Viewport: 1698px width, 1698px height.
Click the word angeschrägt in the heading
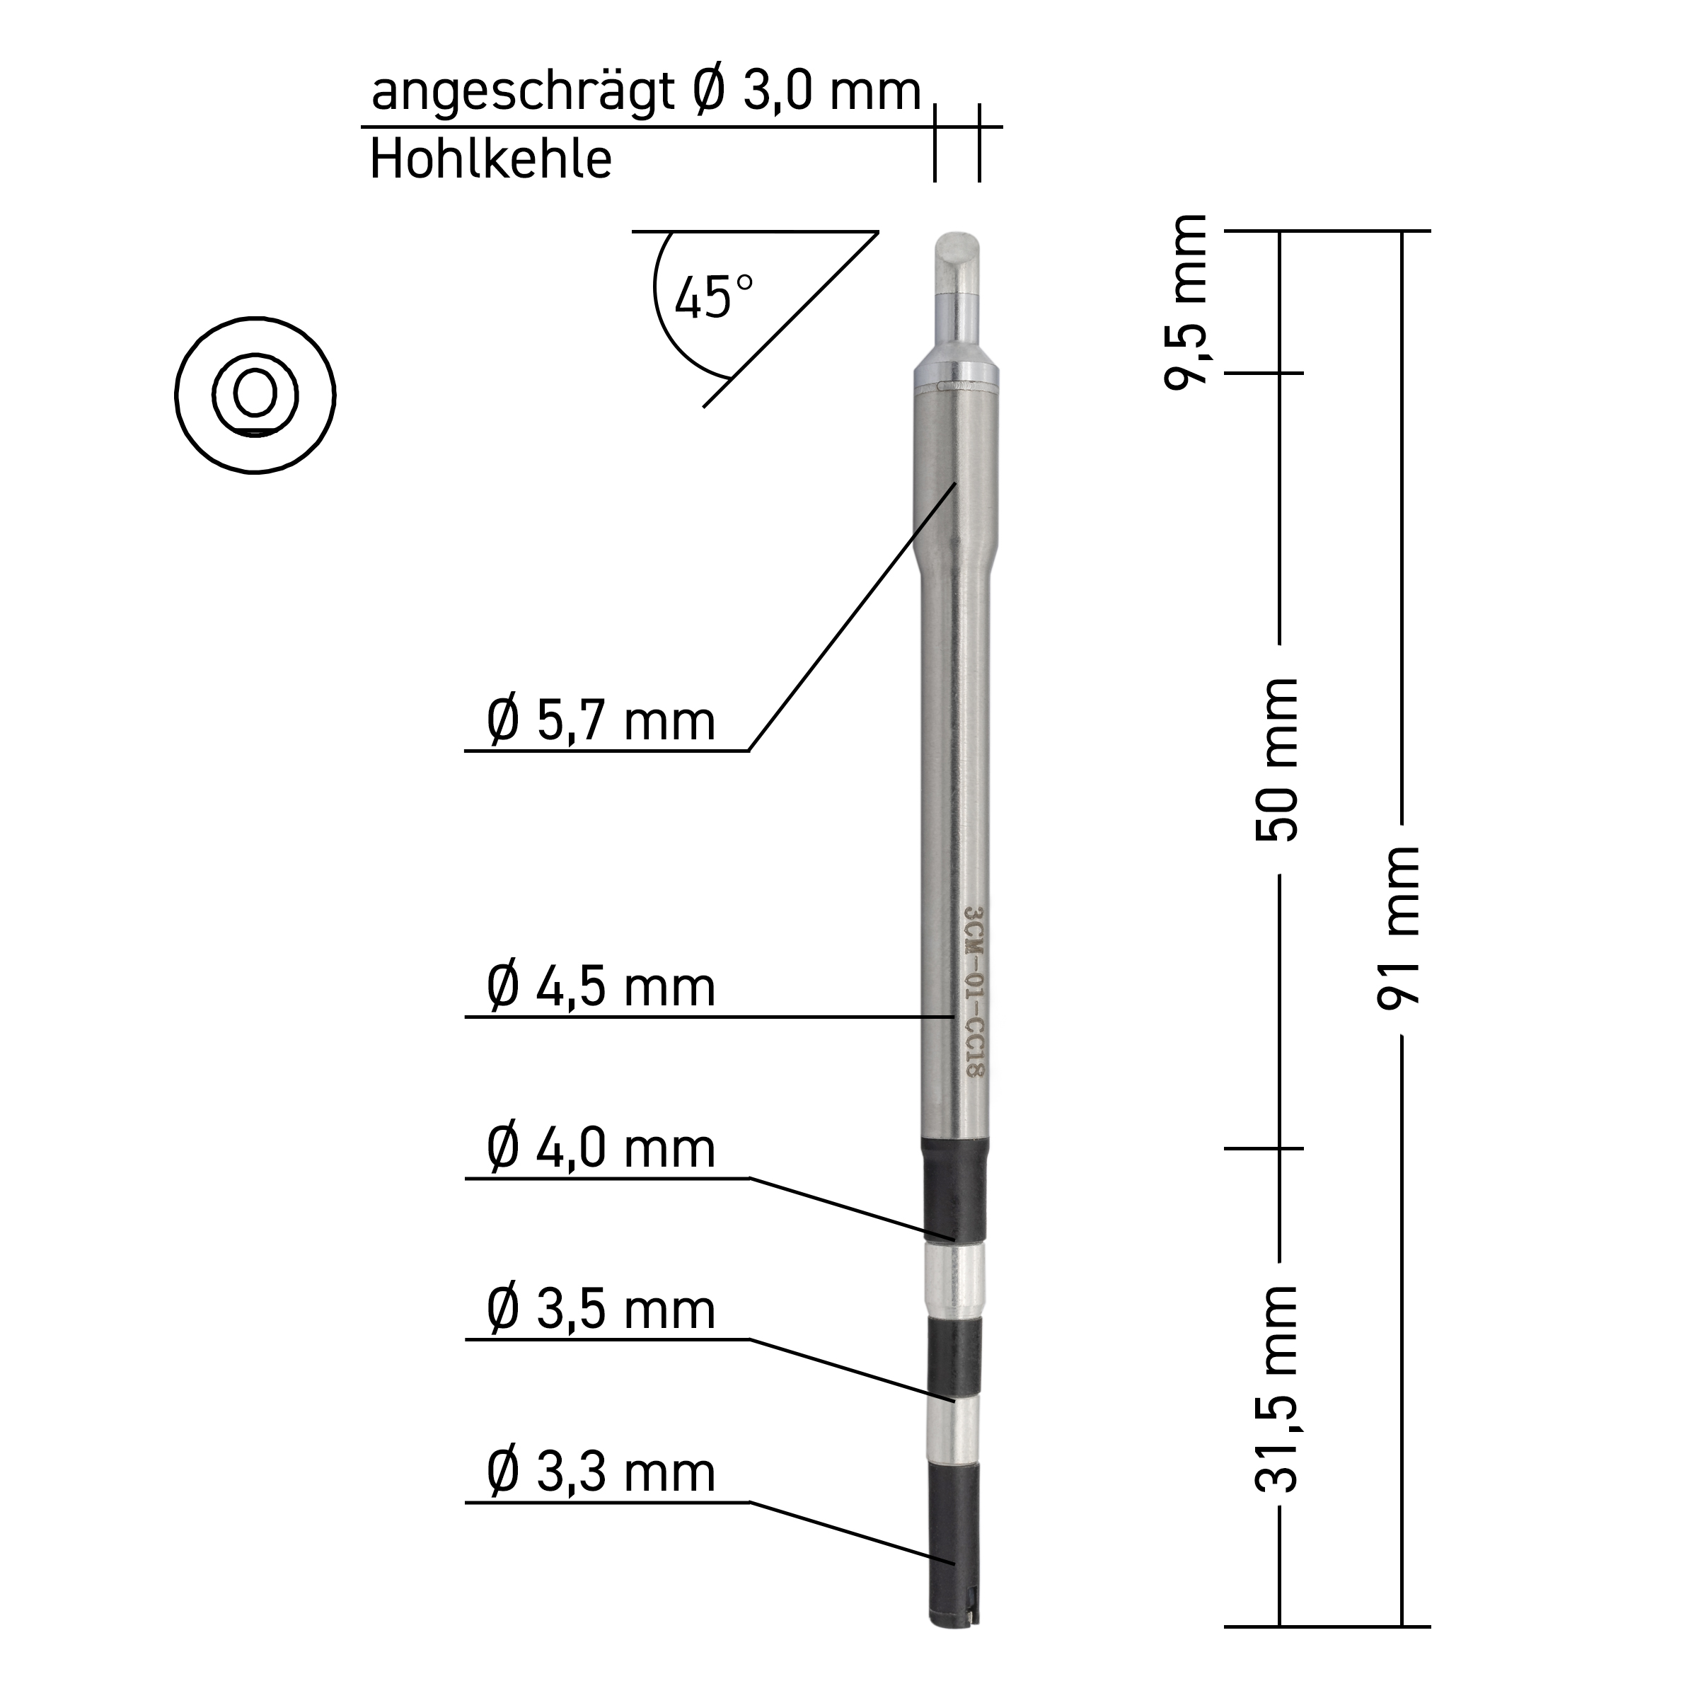[522, 92]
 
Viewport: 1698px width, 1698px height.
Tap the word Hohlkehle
[490, 160]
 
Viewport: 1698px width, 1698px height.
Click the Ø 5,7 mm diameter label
[601, 722]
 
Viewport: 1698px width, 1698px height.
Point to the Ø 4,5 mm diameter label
[601, 987]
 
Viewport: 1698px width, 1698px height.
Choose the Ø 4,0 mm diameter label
[601, 1149]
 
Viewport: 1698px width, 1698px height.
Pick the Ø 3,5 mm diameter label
[601, 1310]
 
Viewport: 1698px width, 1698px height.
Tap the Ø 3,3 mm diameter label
[601, 1472]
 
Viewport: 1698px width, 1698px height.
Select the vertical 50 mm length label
[1277, 761]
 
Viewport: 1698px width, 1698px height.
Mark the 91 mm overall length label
[1399, 928]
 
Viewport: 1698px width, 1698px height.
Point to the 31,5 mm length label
[1277, 1389]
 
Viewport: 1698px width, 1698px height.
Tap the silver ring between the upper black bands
[954, 1278]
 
